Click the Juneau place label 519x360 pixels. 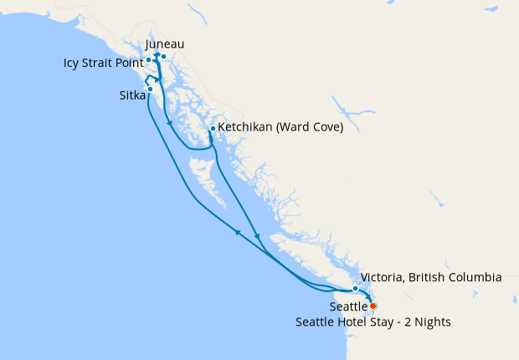point(165,44)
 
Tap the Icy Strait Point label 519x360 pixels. point(102,63)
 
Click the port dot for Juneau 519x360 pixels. point(164,57)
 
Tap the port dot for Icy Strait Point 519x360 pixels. point(148,59)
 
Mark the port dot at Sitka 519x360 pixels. point(150,89)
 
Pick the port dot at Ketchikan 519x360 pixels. point(213,128)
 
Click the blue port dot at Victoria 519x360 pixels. point(356,288)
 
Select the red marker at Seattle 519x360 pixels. point(373,306)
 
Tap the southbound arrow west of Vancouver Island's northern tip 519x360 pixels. point(256,236)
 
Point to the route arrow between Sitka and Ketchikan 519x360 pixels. point(171,124)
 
